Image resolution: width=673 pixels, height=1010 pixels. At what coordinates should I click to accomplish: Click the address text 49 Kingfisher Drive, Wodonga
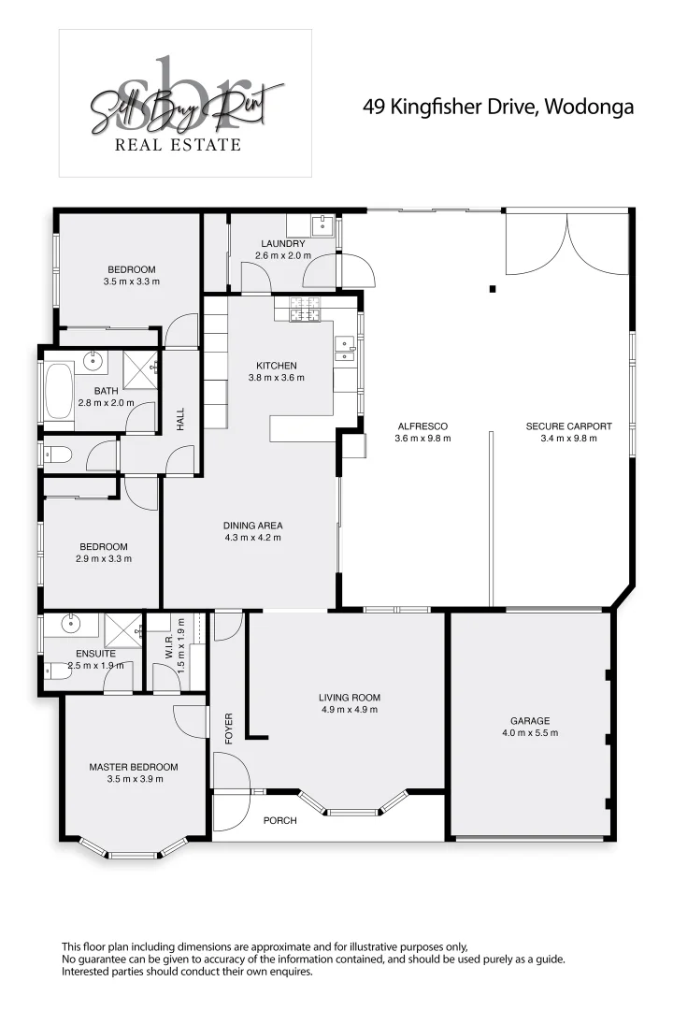point(497,107)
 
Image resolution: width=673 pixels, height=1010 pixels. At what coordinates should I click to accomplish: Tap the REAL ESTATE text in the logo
point(178,144)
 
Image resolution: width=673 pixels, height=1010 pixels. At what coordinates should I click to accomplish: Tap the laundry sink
point(323,224)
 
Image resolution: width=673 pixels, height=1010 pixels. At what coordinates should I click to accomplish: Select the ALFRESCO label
point(422,426)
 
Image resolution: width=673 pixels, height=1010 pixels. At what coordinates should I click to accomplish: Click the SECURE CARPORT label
point(568,426)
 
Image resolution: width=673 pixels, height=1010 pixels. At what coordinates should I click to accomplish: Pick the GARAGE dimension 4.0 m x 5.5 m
point(529,733)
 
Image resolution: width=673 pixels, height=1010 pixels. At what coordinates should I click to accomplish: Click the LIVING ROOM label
point(349,697)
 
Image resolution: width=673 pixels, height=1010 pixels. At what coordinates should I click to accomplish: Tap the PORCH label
point(279,820)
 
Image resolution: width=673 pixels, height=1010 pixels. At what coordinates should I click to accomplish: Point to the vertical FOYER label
point(228,729)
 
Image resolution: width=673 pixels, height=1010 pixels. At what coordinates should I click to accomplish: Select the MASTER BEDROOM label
point(133,767)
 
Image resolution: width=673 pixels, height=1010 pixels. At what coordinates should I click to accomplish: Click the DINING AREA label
point(252,525)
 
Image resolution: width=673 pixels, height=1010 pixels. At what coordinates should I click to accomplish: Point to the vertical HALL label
point(181,418)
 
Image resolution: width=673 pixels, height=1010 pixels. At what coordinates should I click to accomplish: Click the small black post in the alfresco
point(492,289)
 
